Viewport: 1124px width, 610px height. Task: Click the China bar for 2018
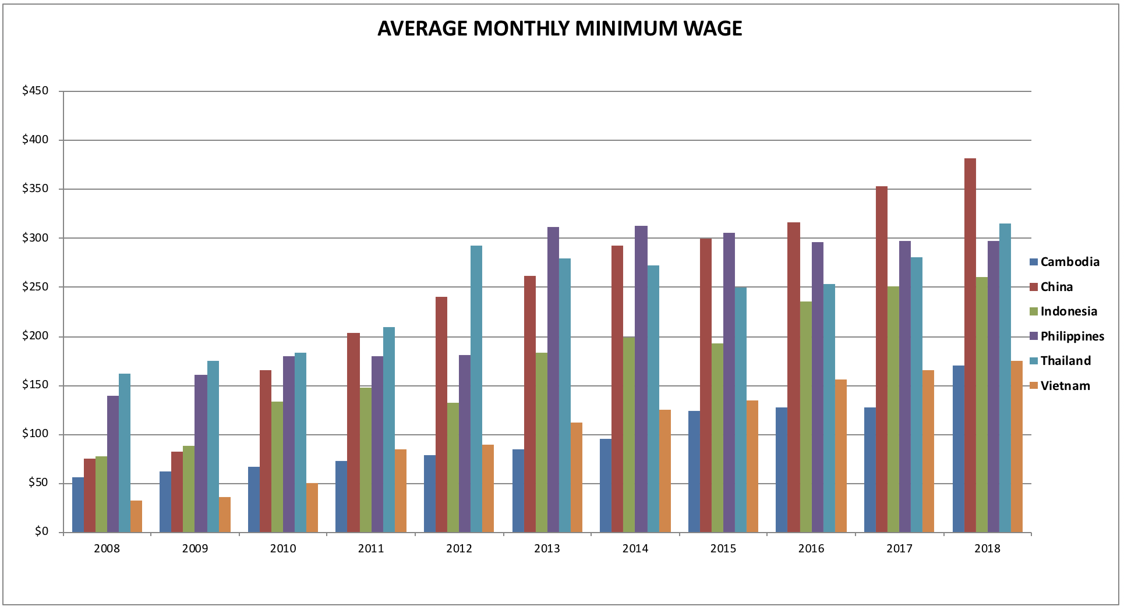click(x=970, y=345)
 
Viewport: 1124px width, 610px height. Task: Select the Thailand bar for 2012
click(x=476, y=389)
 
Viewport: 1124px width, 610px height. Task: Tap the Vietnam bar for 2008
click(x=136, y=516)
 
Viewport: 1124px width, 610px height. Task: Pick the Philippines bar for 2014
click(x=641, y=379)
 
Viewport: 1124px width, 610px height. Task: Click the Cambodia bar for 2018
click(x=959, y=449)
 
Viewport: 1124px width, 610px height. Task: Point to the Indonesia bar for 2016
click(x=806, y=417)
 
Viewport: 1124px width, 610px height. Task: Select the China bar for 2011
click(x=354, y=432)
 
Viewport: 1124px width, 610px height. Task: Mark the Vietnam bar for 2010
click(x=312, y=508)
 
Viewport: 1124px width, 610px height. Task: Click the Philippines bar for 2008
click(x=113, y=464)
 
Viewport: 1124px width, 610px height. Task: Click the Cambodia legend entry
click(x=1065, y=262)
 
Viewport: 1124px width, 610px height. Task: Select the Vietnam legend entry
click(x=1061, y=385)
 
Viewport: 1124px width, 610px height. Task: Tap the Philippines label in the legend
click(x=1073, y=336)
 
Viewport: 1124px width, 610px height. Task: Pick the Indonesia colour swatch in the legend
click(x=1034, y=311)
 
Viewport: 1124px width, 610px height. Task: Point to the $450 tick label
click(x=36, y=91)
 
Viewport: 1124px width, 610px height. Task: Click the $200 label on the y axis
click(x=36, y=336)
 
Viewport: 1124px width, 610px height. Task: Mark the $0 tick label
click(x=41, y=532)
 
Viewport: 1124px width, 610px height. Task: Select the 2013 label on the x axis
click(x=547, y=548)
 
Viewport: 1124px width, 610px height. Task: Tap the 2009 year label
click(x=195, y=548)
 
